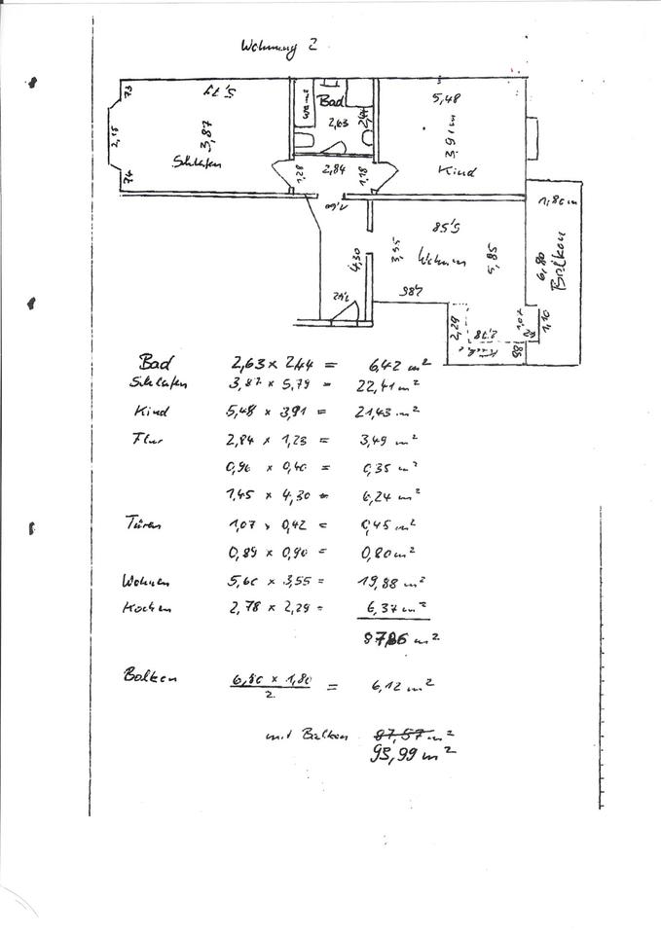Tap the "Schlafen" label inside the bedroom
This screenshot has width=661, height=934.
coord(196,164)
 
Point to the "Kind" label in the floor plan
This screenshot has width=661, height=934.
coord(457,171)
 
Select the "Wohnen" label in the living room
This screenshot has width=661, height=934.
coord(441,261)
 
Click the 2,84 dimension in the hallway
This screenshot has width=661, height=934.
coord(334,168)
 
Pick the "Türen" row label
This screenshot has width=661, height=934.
coord(143,523)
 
